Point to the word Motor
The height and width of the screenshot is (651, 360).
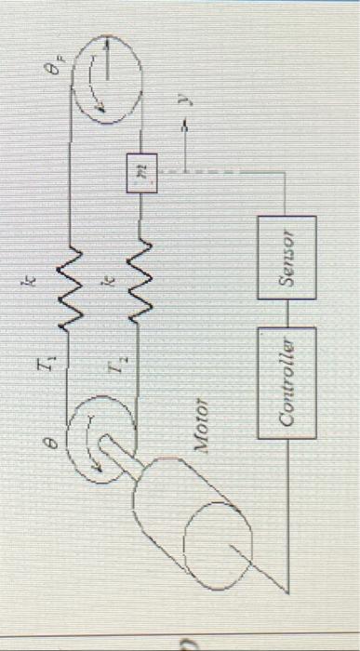coord(208,432)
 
